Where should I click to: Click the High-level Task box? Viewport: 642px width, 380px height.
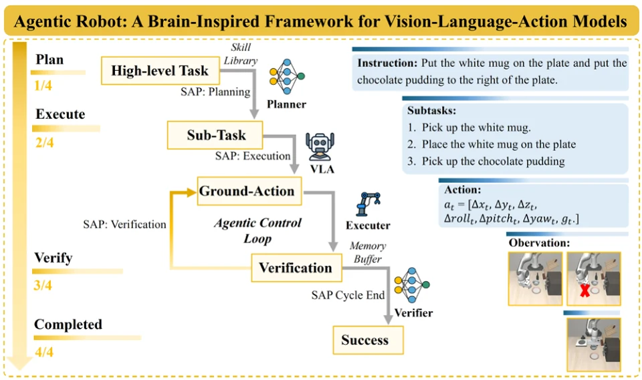160,71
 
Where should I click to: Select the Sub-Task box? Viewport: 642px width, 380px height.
215,135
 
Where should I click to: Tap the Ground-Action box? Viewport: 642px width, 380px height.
249,191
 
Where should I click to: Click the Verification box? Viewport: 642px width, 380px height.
296,268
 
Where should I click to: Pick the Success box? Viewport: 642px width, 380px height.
368,340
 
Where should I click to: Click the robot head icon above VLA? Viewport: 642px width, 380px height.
320,147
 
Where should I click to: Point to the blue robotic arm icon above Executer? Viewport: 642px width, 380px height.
368,204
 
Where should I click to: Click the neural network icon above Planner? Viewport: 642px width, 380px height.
287,77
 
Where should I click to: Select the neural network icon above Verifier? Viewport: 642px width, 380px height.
412,285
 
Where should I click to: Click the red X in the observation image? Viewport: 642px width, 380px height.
584,291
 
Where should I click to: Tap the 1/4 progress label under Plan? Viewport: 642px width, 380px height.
43,85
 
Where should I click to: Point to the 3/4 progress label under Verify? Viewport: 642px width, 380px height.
43,285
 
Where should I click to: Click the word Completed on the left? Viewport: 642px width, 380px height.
68,325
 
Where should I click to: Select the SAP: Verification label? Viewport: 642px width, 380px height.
124,224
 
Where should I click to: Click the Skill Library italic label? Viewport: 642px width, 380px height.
240,54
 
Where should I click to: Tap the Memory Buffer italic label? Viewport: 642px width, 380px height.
367,252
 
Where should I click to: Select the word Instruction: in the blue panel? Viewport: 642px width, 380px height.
387,63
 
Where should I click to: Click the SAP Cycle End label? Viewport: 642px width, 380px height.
348,295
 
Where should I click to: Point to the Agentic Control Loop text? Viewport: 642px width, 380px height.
257,230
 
